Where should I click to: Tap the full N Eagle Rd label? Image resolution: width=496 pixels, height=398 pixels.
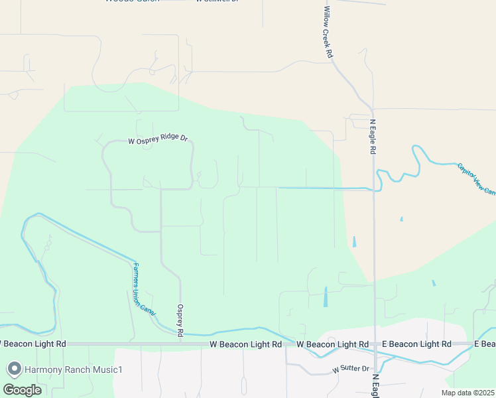(373, 137)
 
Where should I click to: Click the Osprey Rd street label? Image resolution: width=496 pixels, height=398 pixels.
(180, 320)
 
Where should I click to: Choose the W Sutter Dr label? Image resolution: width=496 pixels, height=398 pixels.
(350, 368)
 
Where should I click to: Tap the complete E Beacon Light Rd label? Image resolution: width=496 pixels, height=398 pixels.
(416, 344)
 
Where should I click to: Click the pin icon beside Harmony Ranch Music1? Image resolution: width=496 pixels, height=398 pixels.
(13, 369)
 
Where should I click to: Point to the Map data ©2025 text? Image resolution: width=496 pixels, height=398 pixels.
(468, 393)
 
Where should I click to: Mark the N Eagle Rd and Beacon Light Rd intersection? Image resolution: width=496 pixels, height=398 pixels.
(375, 344)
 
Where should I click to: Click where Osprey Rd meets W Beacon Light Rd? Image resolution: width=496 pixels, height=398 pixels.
(180, 344)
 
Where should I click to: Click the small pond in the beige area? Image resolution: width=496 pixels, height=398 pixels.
(401, 219)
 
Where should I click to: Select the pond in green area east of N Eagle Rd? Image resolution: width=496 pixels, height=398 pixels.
(434, 283)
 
